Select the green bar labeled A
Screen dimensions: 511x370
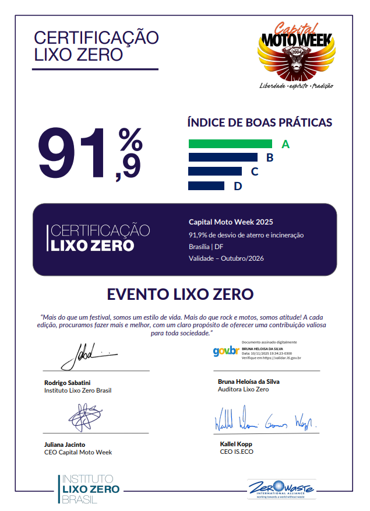pyautogui.click(x=230, y=143)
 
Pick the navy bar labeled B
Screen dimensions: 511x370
pyautogui.click(x=223, y=157)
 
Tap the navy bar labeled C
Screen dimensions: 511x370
pyautogui.click(x=215, y=171)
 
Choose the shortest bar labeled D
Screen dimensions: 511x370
pyautogui.click(x=206, y=185)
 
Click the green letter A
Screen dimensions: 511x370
pyautogui.click(x=285, y=144)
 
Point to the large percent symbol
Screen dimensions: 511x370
pyautogui.click(x=130, y=140)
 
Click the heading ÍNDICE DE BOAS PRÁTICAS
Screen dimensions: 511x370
pyautogui.click(x=260, y=123)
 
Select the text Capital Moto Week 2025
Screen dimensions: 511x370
pyautogui.click(x=231, y=222)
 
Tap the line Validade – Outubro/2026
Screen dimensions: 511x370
pyautogui.click(x=226, y=258)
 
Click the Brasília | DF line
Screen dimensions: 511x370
pyautogui.click(x=209, y=247)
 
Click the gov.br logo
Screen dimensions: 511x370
pyautogui.click(x=225, y=351)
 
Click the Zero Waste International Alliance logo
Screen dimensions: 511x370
pyautogui.click(x=281, y=488)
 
